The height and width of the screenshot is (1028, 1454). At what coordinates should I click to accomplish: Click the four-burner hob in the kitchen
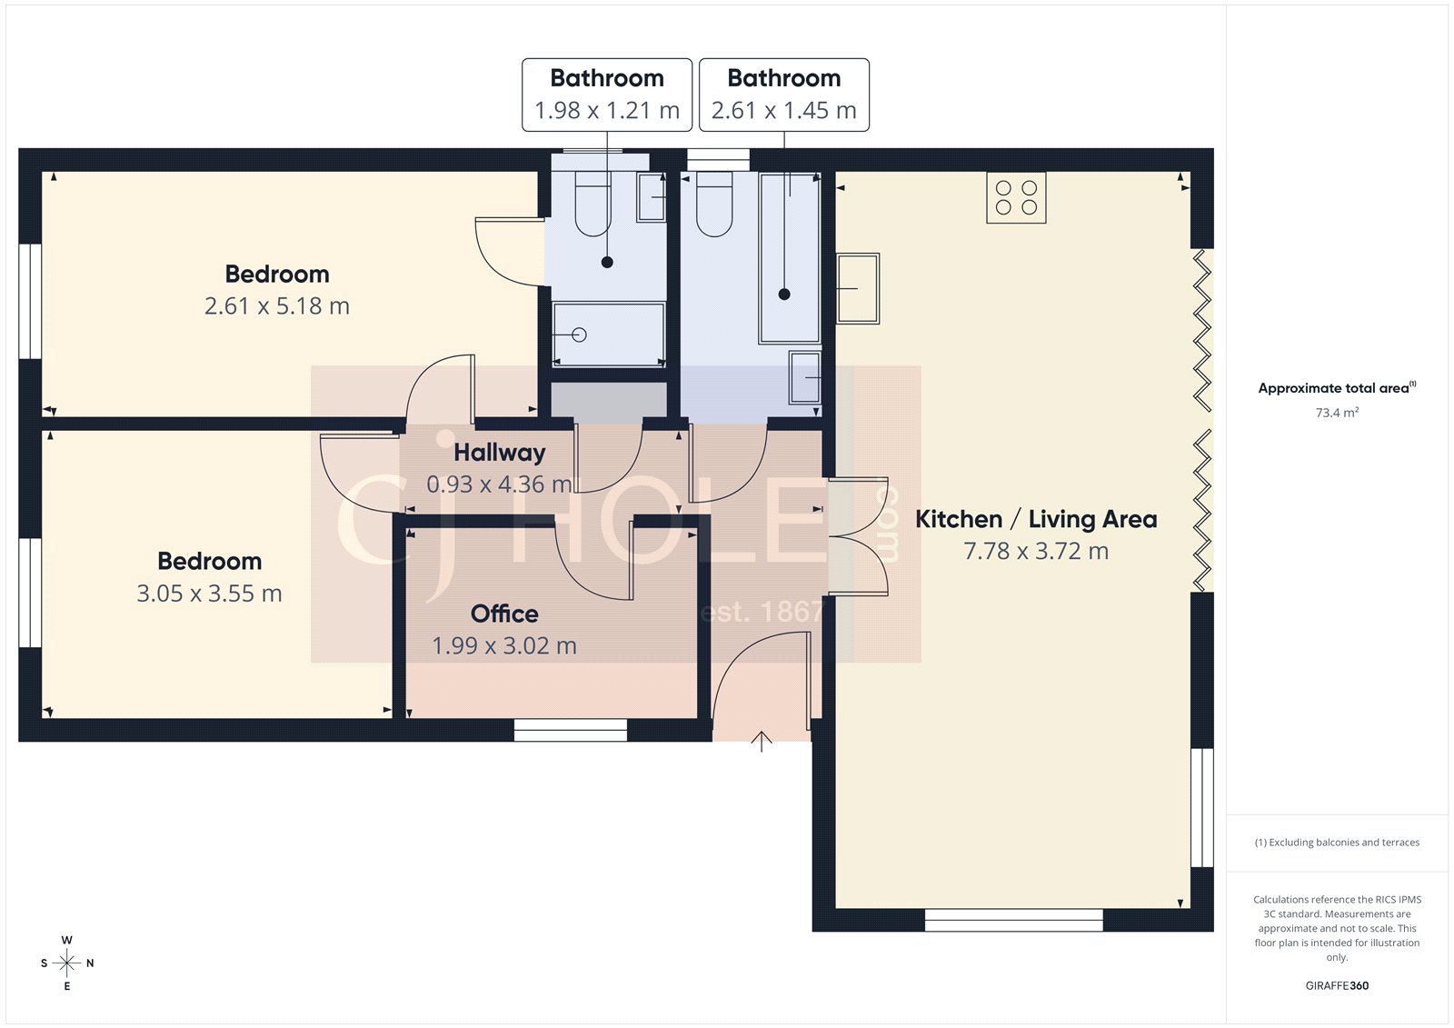(1016, 197)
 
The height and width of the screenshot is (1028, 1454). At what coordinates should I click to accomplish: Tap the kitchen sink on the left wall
(857, 288)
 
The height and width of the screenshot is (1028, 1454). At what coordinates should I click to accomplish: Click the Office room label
(504, 614)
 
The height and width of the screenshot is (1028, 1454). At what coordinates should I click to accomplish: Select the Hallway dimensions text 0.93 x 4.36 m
(499, 484)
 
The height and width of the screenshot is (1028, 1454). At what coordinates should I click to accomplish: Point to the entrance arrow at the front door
(762, 741)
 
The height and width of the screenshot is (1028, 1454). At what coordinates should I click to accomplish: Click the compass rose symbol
(66, 963)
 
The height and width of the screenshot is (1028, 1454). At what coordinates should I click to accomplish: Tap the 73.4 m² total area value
(1337, 413)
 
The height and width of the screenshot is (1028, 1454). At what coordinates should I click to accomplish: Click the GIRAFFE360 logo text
(1337, 985)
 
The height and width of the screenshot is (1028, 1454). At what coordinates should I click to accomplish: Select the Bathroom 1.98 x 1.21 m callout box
(607, 95)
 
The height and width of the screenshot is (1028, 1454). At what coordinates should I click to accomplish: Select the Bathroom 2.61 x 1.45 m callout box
(783, 95)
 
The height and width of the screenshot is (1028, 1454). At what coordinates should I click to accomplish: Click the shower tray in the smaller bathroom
(608, 334)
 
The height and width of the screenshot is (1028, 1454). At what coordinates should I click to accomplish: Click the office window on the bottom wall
(570, 730)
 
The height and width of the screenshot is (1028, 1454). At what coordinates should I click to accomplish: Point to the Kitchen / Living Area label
(1036, 519)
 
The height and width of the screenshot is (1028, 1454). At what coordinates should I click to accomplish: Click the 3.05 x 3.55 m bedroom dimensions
(209, 594)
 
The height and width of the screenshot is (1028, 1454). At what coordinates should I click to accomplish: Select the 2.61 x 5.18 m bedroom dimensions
(277, 306)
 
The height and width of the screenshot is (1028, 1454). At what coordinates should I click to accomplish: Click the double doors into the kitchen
(857, 536)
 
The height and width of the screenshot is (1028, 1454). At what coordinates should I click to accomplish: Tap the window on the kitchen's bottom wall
(1013, 920)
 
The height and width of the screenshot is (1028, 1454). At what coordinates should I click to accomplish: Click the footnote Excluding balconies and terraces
(1337, 843)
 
